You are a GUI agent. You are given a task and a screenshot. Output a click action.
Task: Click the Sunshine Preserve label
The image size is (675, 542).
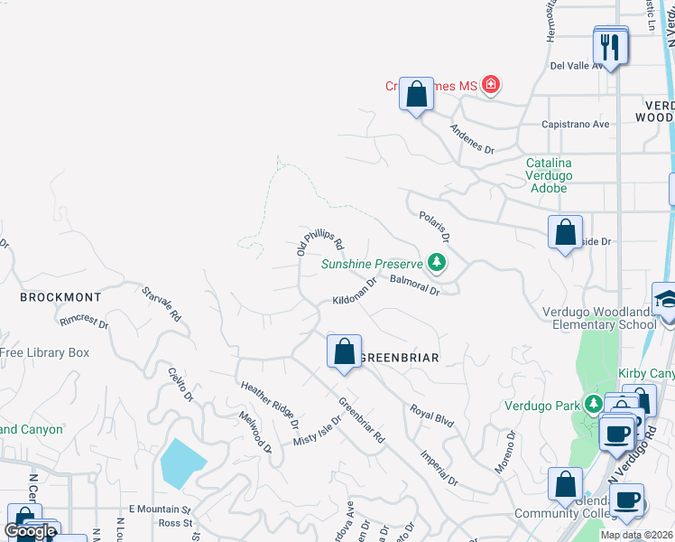tap(373, 264)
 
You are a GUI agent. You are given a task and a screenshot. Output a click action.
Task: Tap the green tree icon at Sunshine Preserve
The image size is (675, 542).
tap(438, 263)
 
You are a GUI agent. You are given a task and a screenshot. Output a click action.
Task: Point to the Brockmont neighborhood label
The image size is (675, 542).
tap(60, 296)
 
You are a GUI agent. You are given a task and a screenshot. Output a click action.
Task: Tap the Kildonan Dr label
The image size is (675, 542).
tap(355, 299)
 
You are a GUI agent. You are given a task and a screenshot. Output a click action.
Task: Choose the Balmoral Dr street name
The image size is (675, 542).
tap(414, 286)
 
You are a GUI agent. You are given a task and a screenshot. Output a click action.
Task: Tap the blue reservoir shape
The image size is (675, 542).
tap(183, 463)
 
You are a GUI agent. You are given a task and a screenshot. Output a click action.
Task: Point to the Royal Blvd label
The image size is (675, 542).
tap(431, 416)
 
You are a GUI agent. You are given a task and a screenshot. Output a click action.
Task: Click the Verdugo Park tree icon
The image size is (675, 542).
tap(594, 403)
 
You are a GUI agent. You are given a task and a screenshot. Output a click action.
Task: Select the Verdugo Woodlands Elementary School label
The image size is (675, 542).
tap(599, 319)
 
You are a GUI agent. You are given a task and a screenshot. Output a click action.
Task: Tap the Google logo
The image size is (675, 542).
tap(29, 531)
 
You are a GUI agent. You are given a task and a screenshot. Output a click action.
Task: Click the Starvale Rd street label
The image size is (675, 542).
tap(162, 304)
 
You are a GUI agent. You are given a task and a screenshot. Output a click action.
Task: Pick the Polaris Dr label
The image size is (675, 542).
tap(434, 227)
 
